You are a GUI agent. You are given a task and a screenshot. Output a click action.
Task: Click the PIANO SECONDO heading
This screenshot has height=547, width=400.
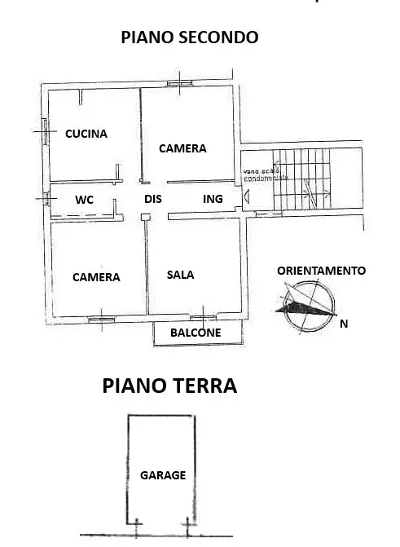[x=190, y=37]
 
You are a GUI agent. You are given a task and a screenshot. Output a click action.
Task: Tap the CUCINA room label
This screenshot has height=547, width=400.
[x=86, y=134]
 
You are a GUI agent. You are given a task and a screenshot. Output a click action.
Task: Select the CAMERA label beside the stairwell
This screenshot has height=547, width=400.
[x=182, y=148]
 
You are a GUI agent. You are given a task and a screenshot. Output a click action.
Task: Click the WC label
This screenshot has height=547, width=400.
[x=85, y=199]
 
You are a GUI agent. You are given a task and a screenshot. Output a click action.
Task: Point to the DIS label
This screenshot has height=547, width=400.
[x=153, y=199]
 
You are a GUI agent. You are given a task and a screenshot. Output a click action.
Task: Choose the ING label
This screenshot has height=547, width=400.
[x=213, y=199]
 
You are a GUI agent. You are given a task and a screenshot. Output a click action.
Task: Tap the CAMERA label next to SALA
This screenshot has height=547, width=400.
[x=96, y=277]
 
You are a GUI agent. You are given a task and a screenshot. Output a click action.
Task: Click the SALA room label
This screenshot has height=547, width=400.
[x=180, y=275]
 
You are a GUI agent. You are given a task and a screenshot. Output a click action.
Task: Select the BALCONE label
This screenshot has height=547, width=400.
[x=196, y=333]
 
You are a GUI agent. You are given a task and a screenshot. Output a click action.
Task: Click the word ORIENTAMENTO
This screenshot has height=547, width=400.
[x=321, y=271]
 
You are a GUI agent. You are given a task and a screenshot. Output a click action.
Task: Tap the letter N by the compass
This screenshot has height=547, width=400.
[x=344, y=324]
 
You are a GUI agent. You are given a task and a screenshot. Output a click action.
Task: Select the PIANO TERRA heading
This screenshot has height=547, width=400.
[x=169, y=386]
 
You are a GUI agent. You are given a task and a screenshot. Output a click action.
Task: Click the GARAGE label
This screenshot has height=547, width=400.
[x=163, y=475]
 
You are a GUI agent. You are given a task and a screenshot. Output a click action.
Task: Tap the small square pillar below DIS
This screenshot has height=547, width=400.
[x=144, y=217]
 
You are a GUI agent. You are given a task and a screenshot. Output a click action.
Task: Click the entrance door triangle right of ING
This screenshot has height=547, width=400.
[x=245, y=196]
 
